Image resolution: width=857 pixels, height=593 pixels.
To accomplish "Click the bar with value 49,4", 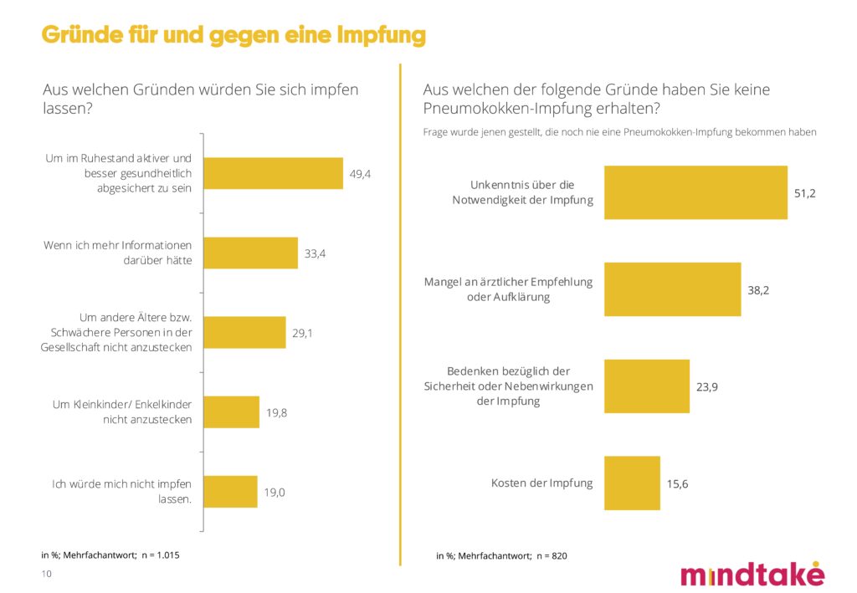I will tap(274, 173).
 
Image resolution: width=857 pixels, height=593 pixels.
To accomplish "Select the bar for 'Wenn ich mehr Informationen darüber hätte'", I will tap(251, 253).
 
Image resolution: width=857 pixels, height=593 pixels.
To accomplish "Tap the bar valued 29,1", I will tap(245, 332).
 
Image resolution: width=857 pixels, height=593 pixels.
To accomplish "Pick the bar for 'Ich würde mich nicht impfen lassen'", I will tap(231, 492).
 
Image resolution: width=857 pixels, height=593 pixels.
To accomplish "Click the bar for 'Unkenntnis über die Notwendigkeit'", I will tap(695, 192).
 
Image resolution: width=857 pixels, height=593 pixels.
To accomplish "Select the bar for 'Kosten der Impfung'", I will tap(632, 483).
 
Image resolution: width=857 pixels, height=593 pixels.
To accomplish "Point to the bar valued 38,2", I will tap(672, 289).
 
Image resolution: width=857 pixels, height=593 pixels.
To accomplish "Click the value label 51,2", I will tap(804, 193).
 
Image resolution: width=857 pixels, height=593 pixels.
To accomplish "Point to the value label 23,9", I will tap(706, 387).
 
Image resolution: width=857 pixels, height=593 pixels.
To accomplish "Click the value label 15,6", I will tap(677, 483).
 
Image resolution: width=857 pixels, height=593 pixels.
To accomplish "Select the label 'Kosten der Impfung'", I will tap(541, 483).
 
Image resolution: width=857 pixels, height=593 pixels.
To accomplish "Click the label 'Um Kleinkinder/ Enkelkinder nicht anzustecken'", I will tap(122, 412).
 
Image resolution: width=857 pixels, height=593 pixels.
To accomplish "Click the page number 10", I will tap(47, 574).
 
